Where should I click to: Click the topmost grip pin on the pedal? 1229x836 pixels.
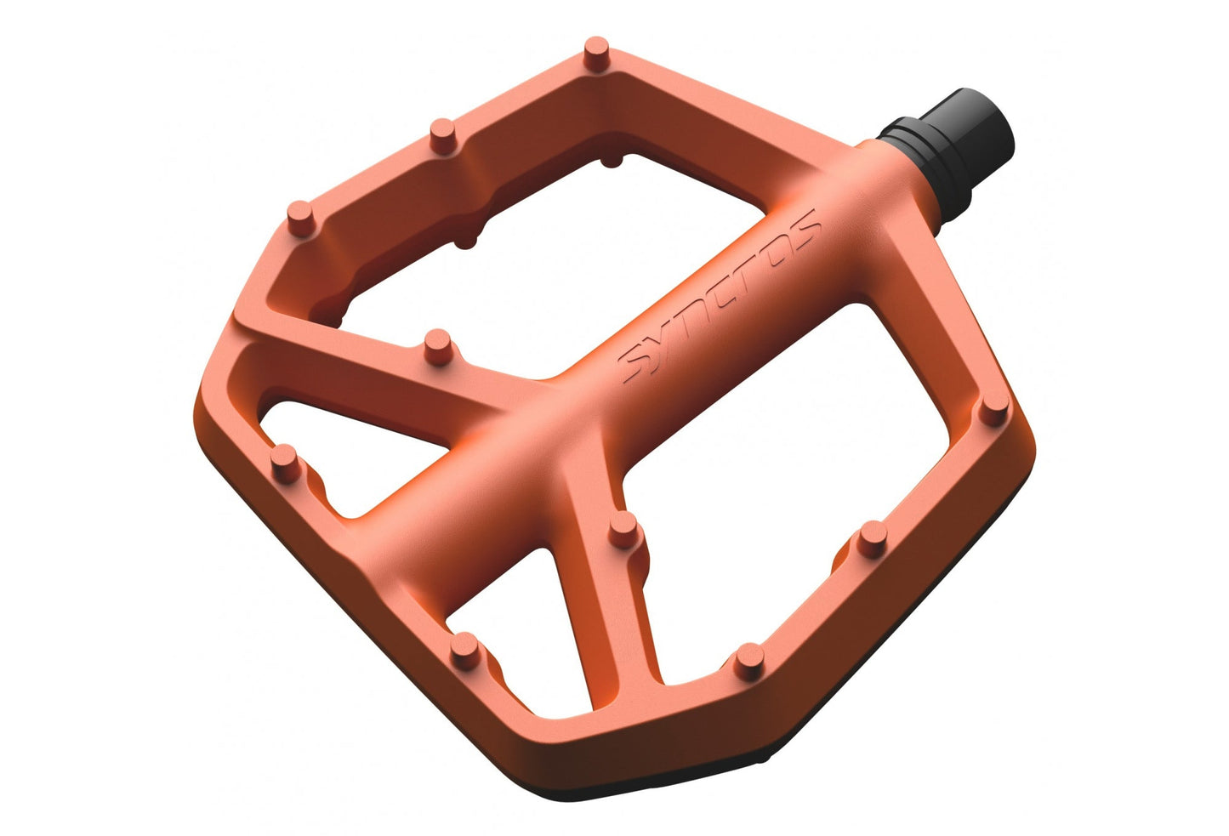[596, 54]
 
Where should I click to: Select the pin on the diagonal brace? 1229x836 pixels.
[438, 347]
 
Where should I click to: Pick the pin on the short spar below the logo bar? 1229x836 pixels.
[624, 529]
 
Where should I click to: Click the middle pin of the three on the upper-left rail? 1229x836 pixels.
[443, 135]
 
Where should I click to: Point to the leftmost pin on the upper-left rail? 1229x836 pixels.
[301, 219]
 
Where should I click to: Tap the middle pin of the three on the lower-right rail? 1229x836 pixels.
[873, 539]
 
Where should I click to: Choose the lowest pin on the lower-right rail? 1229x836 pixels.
[749, 663]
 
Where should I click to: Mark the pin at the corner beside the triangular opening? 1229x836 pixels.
[286, 463]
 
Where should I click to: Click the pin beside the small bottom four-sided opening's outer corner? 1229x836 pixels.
[465, 651]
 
